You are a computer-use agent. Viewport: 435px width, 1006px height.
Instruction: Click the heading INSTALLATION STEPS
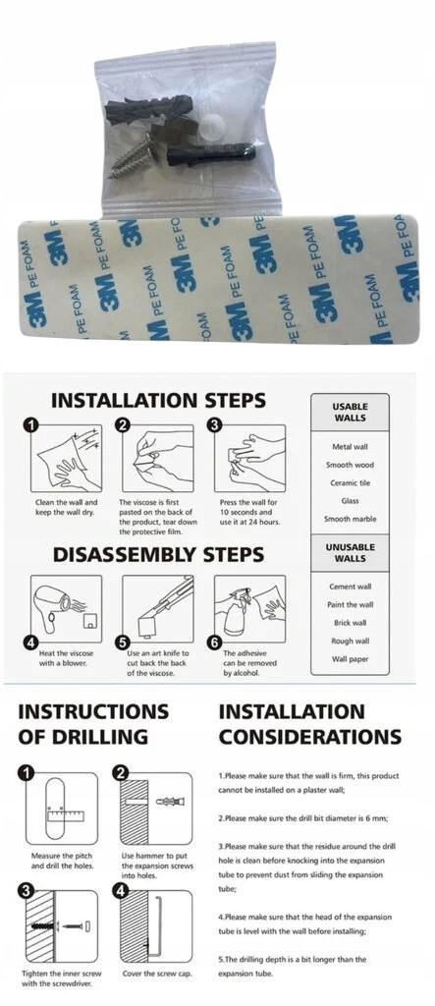click(158, 401)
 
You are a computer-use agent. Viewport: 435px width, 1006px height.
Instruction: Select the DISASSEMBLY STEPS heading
click(158, 554)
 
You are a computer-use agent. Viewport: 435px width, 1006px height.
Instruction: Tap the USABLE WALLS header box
click(350, 412)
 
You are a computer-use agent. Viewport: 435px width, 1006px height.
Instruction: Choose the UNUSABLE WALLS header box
click(350, 553)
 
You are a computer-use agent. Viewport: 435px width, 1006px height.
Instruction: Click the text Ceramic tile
click(350, 483)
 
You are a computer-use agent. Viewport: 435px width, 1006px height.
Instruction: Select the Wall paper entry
click(350, 659)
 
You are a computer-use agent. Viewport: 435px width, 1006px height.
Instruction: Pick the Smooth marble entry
click(350, 519)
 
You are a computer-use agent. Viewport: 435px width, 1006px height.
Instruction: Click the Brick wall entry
click(350, 623)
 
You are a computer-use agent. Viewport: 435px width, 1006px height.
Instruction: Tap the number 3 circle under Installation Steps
click(216, 424)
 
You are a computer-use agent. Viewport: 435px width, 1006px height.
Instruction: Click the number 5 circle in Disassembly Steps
click(124, 643)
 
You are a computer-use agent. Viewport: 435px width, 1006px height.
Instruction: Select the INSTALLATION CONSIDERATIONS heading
click(310, 724)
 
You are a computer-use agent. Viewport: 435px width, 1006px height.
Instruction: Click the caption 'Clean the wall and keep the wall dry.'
click(66, 507)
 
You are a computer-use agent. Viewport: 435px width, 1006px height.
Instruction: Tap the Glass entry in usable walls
click(350, 501)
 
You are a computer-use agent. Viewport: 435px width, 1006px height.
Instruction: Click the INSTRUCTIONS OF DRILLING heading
click(93, 724)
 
